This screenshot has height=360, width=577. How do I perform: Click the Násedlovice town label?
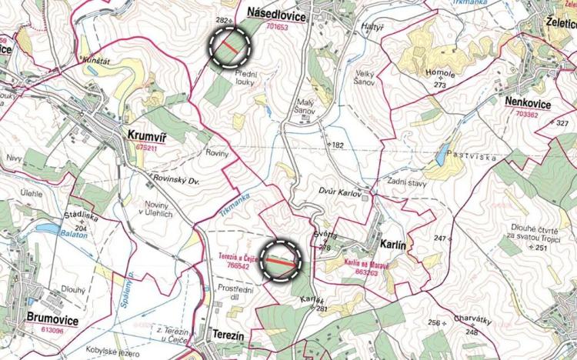278,15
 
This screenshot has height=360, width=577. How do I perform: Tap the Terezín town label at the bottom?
226,335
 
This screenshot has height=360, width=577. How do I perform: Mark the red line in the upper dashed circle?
231,47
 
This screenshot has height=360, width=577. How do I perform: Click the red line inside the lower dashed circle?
282,262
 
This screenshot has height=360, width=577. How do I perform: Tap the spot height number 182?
338,145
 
